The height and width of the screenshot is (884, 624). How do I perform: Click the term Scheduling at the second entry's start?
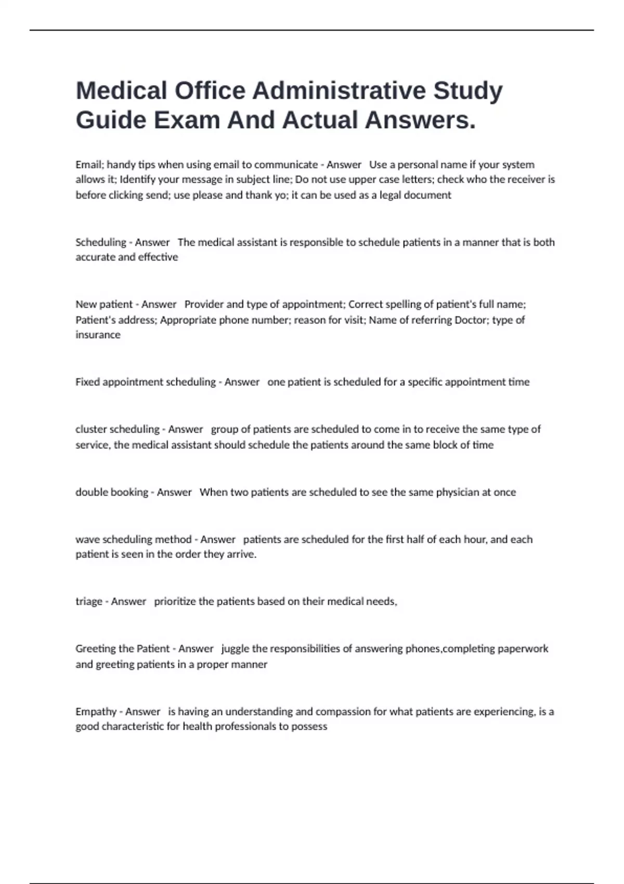click(101, 242)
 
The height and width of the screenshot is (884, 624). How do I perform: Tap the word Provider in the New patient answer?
click(204, 304)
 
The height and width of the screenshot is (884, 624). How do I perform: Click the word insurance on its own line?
click(98, 335)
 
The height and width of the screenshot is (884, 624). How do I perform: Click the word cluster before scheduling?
click(90, 430)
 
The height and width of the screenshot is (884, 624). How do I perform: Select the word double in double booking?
click(92, 492)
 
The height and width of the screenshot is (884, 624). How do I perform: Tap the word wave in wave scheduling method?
click(87, 540)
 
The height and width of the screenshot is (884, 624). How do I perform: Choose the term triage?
click(89, 602)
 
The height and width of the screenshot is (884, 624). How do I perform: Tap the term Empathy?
click(96, 712)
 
